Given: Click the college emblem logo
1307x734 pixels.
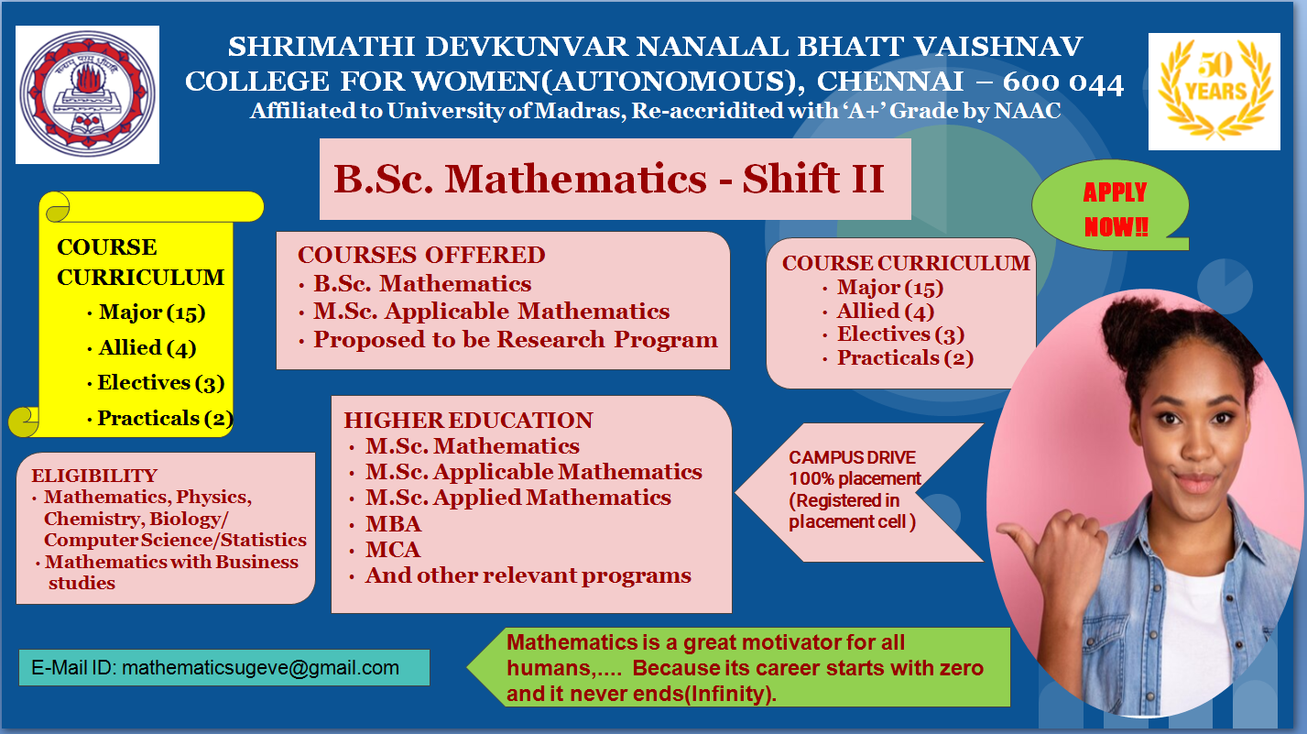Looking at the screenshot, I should tap(89, 94).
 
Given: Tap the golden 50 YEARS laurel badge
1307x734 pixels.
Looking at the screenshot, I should tap(1214, 92).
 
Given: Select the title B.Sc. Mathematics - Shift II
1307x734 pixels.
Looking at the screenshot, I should tap(609, 179).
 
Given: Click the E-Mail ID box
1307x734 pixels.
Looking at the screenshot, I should tap(223, 667).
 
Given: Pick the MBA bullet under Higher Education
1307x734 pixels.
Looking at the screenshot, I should tap(393, 524).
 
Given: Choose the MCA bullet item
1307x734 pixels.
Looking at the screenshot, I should tap(393, 550).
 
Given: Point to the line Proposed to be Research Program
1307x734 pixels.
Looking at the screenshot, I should tap(515, 340).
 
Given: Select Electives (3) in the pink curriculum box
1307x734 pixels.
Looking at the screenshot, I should tap(899, 334).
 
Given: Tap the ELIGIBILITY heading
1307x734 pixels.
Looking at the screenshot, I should tap(94, 476).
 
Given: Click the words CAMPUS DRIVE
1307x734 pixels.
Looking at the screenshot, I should tap(852, 457).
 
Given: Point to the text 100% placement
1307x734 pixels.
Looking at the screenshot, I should tap(855, 478).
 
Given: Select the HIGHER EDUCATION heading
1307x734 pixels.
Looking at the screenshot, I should tap(468, 421).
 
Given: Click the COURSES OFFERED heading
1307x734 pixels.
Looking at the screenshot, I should tap(421, 255).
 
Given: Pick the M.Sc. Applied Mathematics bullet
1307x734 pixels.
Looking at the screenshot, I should tap(517, 498).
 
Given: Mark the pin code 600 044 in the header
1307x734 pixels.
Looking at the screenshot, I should tap(1063, 83).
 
